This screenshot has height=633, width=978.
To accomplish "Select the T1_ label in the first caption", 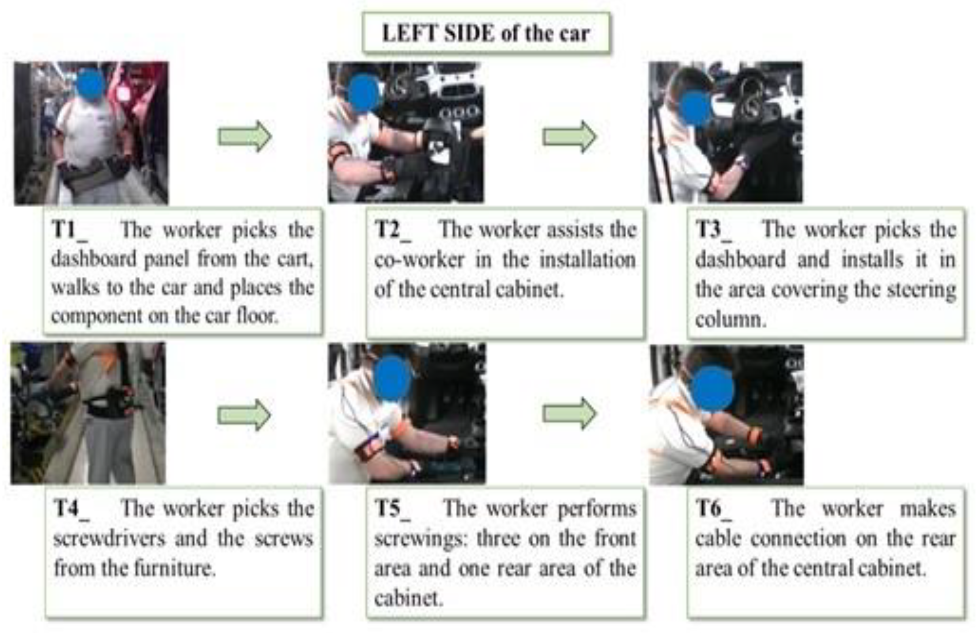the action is [70, 230].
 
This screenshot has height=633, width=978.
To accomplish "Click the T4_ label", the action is [71, 510].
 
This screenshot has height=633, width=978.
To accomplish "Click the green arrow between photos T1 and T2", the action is [244, 136].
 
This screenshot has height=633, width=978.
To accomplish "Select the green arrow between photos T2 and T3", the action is [569, 136].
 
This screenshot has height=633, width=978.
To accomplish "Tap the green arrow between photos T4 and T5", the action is [244, 415].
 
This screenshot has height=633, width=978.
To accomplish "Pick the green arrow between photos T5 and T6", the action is [569, 414].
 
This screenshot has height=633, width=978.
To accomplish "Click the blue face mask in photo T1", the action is [91, 84].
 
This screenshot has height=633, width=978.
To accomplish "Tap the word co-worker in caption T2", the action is [419, 260].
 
